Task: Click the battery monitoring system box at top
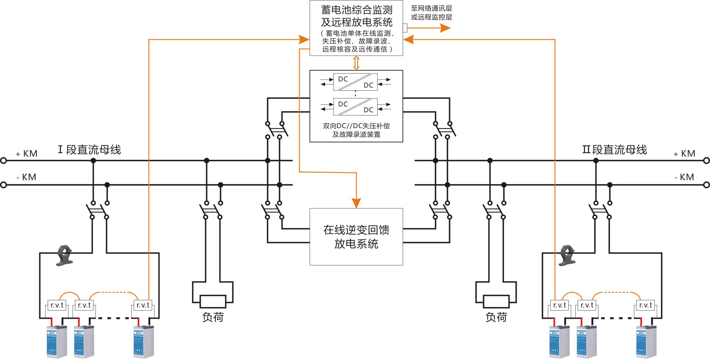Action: tap(356, 28)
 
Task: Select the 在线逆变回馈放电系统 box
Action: tap(356, 237)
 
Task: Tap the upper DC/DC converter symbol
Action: tap(355, 82)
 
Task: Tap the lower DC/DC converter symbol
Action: tap(355, 107)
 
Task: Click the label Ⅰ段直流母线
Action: tap(89, 150)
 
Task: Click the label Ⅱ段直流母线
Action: tap(614, 150)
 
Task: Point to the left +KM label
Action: tap(27, 154)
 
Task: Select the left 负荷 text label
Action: tap(213, 317)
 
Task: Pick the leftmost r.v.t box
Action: tap(57, 305)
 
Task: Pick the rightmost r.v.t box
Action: tap(645, 305)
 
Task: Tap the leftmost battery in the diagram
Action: tap(56, 341)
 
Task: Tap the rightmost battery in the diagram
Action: tap(646, 341)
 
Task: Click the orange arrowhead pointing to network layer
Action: tap(446, 28)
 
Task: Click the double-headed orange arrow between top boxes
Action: tap(356, 63)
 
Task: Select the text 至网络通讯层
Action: tap(431, 8)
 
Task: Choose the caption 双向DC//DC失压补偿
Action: tap(356, 126)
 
